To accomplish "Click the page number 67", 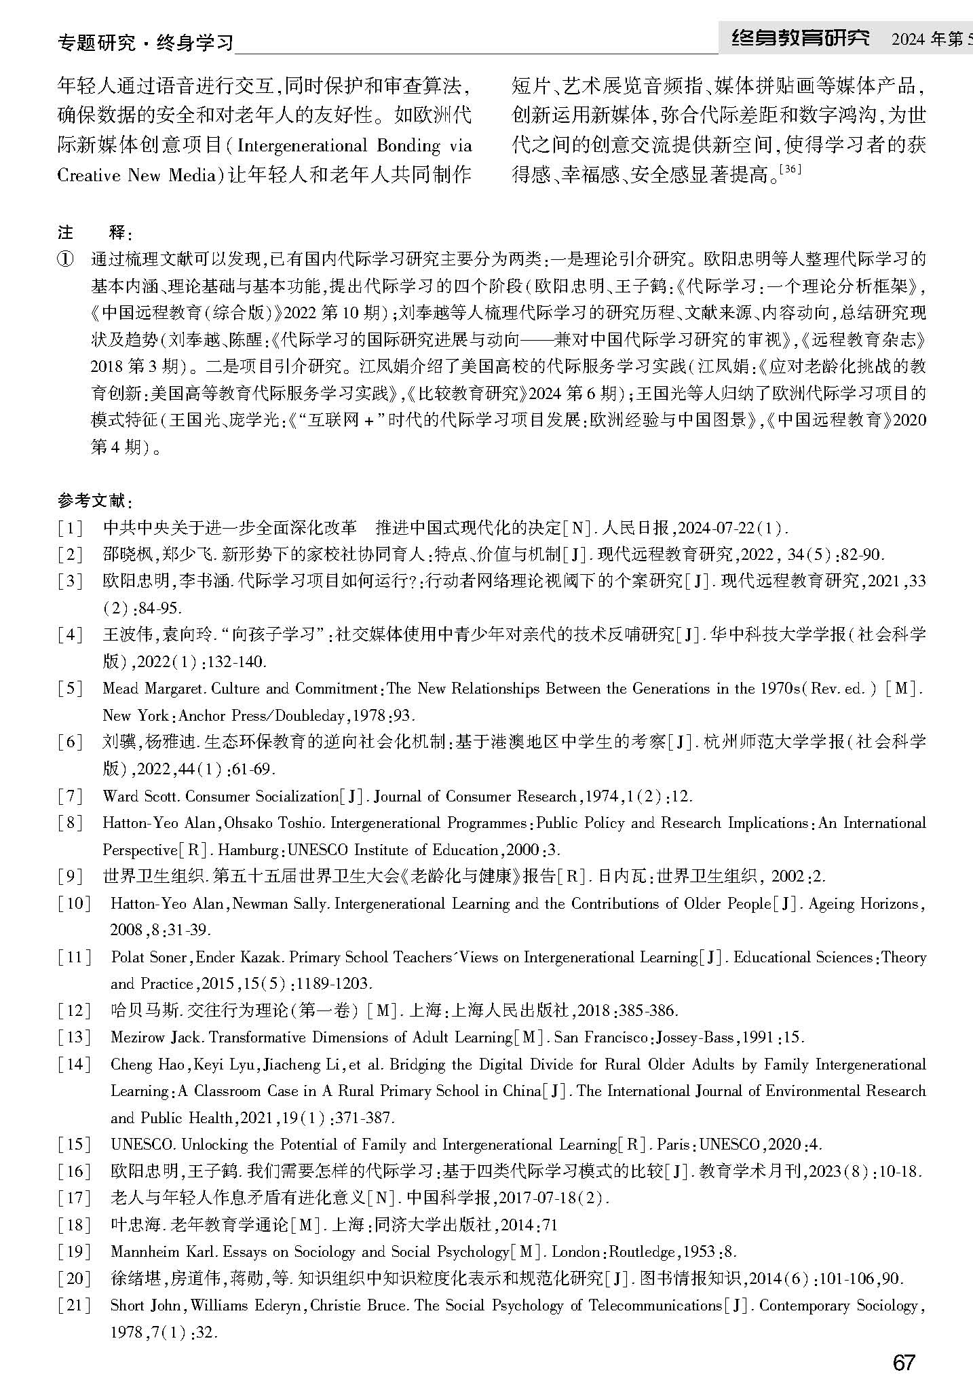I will point(904,1362).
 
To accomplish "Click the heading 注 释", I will point(94,233).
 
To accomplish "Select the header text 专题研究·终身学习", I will point(145,43).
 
